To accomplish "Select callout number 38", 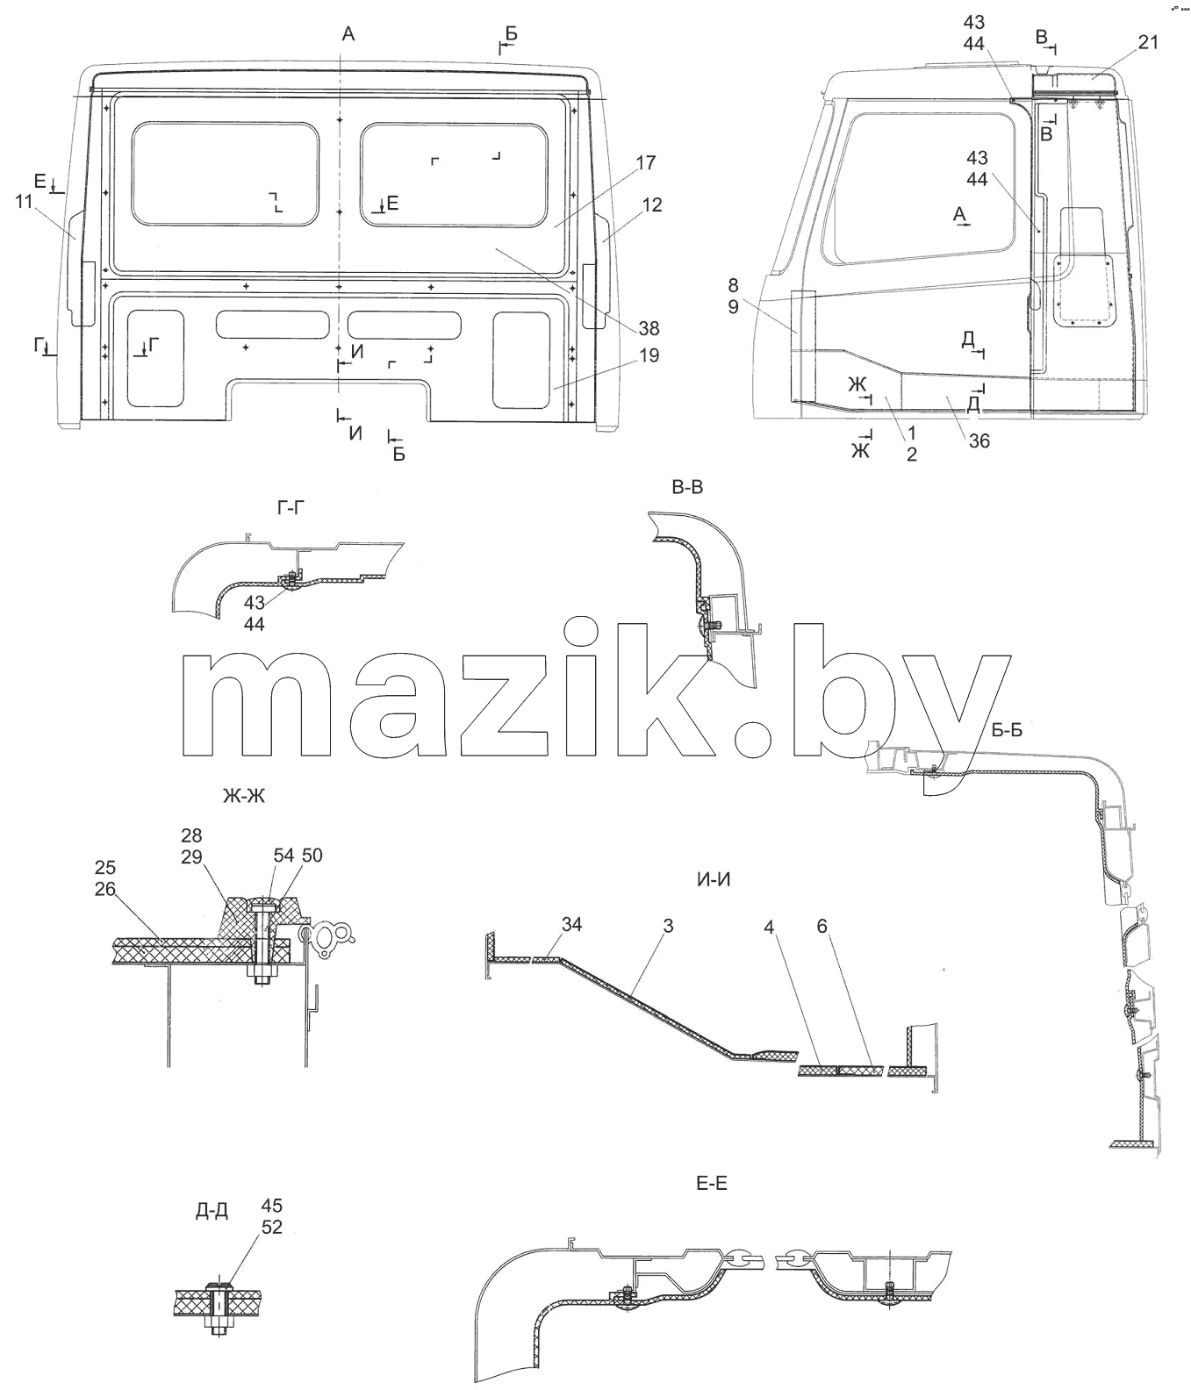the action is click(x=649, y=329).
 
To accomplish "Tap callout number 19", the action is click(x=649, y=355).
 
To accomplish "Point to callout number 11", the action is click(x=24, y=201).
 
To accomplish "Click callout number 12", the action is click(x=652, y=204).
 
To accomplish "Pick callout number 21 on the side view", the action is click(x=1148, y=42).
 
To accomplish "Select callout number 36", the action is click(x=979, y=441).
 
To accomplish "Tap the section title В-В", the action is click(x=687, y=489).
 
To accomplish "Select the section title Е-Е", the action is click(x=711, y=1184).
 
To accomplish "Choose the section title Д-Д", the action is click(x=212, y=1212).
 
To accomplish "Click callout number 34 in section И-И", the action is click(x=571, y=925).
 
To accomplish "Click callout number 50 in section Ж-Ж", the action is click(x=312, y=856).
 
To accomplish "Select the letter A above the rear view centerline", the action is click(x=348, y=34).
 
